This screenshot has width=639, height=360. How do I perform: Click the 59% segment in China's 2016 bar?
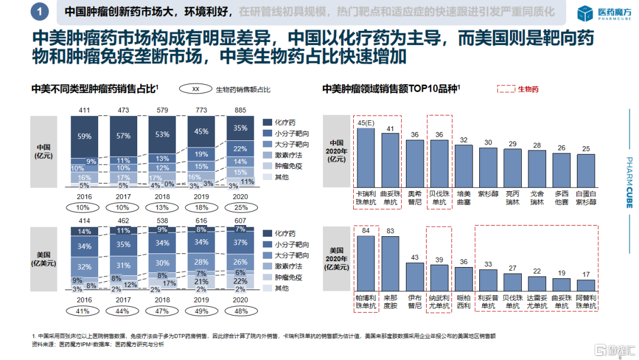[85, 136]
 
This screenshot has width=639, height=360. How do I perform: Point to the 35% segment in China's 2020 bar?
[241, 128]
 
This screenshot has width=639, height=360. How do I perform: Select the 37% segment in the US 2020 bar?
[241, 243]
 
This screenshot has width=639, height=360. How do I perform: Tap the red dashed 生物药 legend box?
[506, 89]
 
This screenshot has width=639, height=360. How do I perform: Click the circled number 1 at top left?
[39, 11]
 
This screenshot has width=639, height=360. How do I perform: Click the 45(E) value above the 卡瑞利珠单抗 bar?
[365, 123]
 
